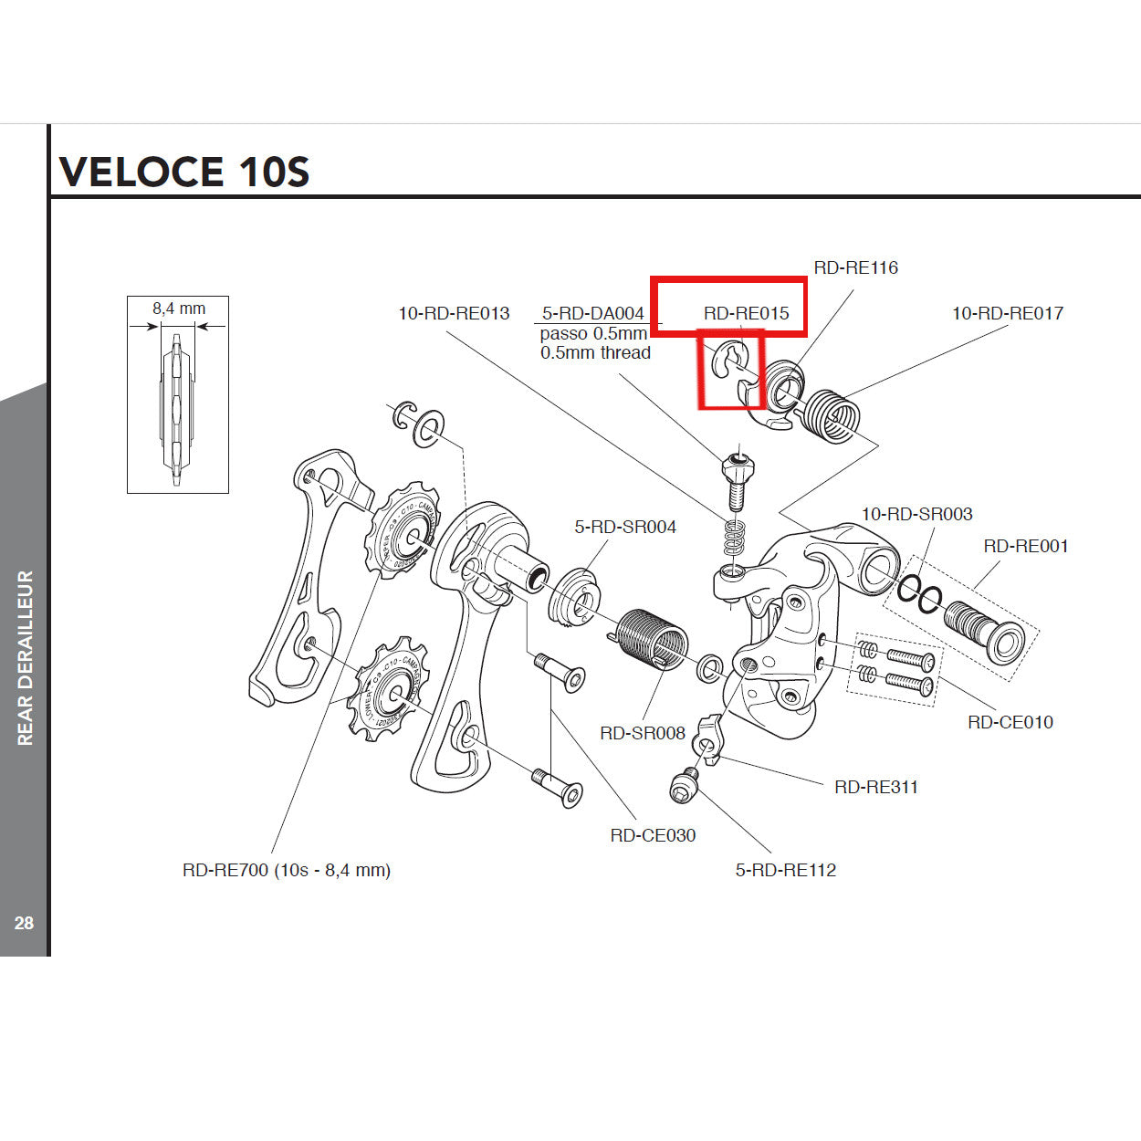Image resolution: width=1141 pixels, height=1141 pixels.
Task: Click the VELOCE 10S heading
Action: pyautogui.click(x=184, y=172)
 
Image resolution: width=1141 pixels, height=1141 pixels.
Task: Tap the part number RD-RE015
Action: pyautogui.click(x=746, y=313)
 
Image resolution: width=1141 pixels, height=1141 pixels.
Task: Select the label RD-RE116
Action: pyautogui.click(x=855, y=267)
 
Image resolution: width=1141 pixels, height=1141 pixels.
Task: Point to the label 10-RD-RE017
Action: pyautogui.click(x=1007, y=313)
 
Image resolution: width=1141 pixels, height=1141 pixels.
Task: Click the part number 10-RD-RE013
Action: pyautogui.click(x=454, y=313)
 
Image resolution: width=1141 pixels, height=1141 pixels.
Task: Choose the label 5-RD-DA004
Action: pyautogui.click(x=592, y=313)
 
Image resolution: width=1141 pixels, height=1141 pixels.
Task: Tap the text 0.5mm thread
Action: pyautogui.click(x=595, y=353)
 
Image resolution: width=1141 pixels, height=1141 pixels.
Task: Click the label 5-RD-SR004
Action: pyautogui.click(x=625, y=527)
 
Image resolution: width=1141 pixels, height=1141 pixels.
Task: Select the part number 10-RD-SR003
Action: pyautogui.click(x=916, y=514)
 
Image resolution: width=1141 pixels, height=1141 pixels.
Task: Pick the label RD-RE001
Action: pyautogui.click(x=1025, y=546)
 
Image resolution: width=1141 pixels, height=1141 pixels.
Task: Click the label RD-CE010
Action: pyautogui.click(x=1010, y=722)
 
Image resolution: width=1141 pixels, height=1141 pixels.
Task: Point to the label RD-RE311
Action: pyautogui.click(x=876, y=787)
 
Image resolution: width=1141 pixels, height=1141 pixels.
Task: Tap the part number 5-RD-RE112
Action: pyautogui.click(x=786, y=870)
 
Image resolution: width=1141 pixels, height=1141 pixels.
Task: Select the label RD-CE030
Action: pyautogui.click(x=653, y=835)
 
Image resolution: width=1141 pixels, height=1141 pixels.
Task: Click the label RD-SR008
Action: pyautogui.click(x=642, y=733)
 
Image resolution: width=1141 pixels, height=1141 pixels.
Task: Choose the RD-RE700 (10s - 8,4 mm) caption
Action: pyautogui.click(x=287, y=870)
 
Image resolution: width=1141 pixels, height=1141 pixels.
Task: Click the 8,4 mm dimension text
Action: pyautogui.click(x=179, y=309)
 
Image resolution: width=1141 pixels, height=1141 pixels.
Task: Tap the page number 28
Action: pyautogui.click(x=24, y=923)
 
